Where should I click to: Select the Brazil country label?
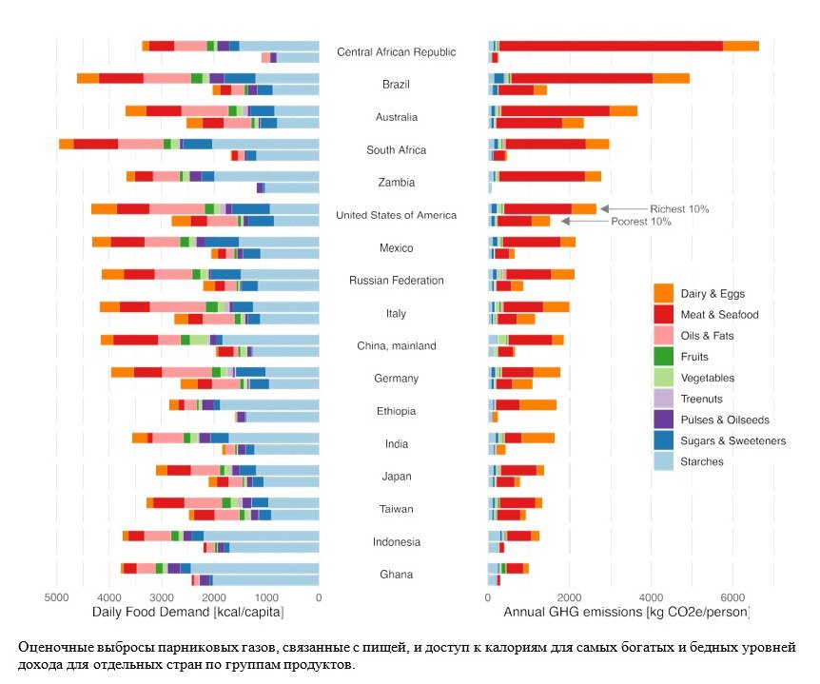pos(397,85)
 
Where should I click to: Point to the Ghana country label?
pos(397,575)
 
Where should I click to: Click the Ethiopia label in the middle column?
pos(397,411)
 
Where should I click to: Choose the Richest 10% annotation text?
pos(679,208)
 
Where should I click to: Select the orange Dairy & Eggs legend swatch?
pos(664,294)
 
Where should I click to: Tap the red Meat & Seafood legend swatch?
pos(664,315)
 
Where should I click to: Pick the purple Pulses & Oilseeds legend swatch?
pos(664,420)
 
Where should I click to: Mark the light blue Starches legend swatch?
pos(664,461)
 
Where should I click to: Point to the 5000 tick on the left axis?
pos(56,597)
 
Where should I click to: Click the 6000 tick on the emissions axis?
pos(731,597)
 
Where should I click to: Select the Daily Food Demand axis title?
pos(187,613)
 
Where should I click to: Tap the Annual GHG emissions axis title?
pos(626,613)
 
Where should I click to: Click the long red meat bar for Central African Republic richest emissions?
pos(610,46)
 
